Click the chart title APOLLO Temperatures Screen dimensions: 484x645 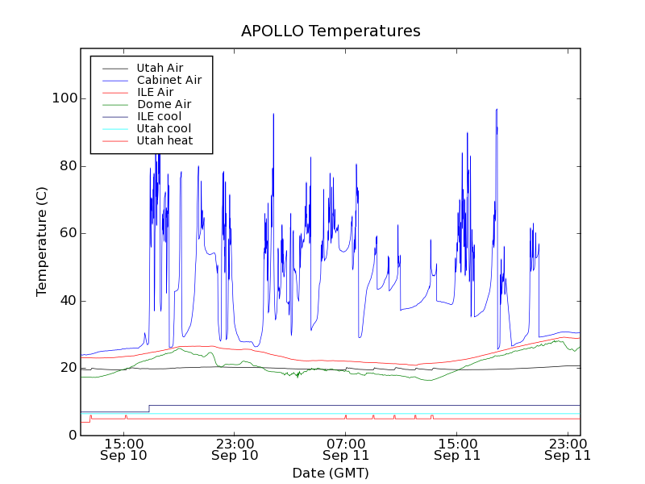(331, 31)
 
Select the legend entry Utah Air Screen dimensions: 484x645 (160, 68)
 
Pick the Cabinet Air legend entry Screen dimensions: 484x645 (169, 80)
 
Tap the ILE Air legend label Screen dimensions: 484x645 (155, 92)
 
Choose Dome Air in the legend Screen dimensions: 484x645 (164, 104)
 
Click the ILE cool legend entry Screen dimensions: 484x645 (159, 116)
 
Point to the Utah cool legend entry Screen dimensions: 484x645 (164, 128)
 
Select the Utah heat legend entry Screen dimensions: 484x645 (164, 140)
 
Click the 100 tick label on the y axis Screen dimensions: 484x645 (65, 98)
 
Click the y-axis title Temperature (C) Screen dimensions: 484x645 (42, 241)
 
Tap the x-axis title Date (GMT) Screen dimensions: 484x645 (331, 473)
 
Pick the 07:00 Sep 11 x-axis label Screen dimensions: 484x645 (345, 449)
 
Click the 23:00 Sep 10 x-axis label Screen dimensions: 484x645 (235, 449)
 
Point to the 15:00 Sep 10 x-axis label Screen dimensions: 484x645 (123, 449)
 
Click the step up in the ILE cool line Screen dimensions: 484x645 (149, 408)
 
